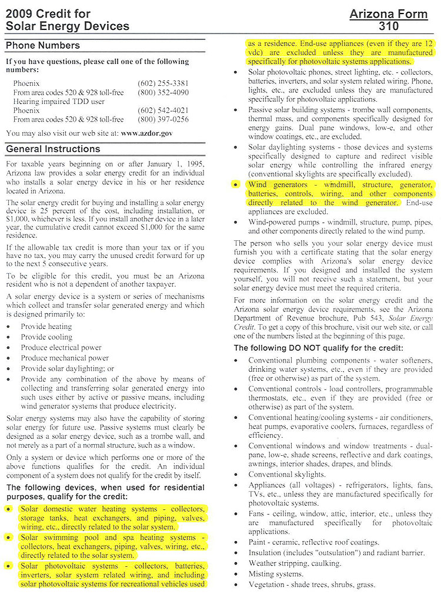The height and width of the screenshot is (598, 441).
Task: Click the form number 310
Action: [389, 26]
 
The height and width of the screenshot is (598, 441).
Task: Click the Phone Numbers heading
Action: [43, 46]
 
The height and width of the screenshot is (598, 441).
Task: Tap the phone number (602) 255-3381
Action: [163, 84]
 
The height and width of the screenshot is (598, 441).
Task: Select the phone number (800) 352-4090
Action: [163, 93]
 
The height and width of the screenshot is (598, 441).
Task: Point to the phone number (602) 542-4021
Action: [163, 110]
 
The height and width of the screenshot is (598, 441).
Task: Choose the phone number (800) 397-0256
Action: [163, 119]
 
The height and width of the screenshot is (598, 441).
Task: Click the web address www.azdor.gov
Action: [146, 133]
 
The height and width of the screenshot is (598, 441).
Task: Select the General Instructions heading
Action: [53, 149]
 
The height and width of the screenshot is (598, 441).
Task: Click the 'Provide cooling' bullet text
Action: [46, 337]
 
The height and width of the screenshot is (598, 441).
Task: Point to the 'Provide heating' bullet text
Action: [46, 327]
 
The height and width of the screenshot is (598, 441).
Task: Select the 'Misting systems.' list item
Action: [276, 574]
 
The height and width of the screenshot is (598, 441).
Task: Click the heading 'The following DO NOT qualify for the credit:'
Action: [318, 348]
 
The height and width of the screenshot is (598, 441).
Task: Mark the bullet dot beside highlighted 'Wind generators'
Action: [236, 185]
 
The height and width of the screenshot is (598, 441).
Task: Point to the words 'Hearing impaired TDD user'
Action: [59, 102]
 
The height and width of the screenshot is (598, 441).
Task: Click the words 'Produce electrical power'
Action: [61, 347]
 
